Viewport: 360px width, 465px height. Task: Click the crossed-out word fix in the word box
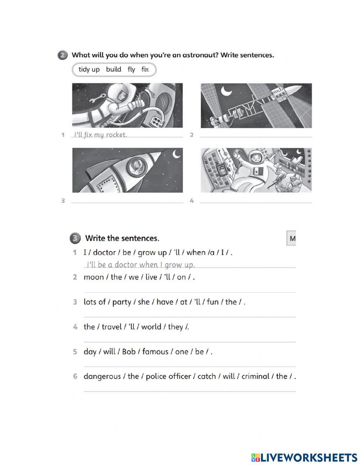(x=145, y=70)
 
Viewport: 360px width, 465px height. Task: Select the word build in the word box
(x=113, y=70)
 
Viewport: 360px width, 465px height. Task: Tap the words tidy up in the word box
(x=89, y=70)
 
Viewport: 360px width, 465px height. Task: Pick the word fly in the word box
(x=131, y=70)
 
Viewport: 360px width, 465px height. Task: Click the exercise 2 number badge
(x=62, y=55)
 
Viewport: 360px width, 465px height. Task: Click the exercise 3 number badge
(x=75, y=238)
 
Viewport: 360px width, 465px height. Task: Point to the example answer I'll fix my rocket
(x=100, y=135)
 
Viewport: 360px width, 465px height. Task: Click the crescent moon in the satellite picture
(x=226, y=91)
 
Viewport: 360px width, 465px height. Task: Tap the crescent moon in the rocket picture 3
(x=176, y=154)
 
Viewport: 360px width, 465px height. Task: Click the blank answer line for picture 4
(x=256, y=202)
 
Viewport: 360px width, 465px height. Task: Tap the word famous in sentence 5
(x=155, y=352)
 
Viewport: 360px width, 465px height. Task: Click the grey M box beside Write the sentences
(x=292, y=238)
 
